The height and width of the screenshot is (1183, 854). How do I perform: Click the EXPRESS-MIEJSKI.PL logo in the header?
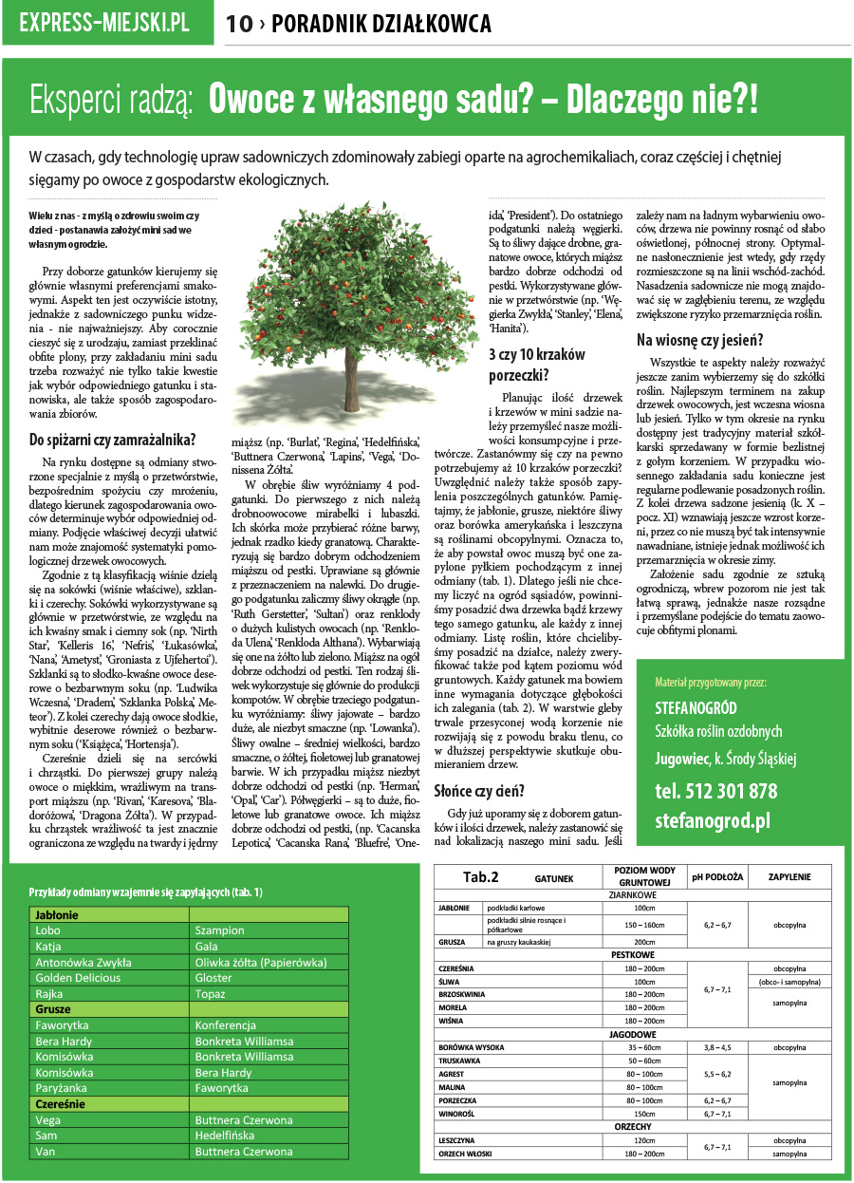(x=104, y=23)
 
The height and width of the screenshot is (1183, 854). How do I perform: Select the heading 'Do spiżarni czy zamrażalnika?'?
(x=113, y=440)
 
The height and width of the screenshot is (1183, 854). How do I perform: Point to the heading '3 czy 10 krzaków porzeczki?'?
(x=536, y=363)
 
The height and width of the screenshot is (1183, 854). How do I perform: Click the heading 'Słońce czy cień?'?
(x=479, y=790)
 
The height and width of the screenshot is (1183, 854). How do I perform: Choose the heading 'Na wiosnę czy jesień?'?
(x=699, y=340)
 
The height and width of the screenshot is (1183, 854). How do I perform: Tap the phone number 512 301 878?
(x=715, y=791)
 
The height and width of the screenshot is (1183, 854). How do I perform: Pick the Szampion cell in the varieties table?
(x=220, y=930)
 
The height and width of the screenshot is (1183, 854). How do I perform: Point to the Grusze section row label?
(x=54, y=1009)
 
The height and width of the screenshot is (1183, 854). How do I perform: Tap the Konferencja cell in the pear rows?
(x=226, y=1025)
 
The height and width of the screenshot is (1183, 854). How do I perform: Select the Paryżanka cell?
(x=62, y=1088)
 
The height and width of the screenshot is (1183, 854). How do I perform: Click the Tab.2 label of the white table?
(x=481, y=876)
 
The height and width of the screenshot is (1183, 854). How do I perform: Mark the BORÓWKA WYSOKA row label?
(x=473, y=1047)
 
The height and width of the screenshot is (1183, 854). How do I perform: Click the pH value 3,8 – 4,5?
(x=716, y=1047)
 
